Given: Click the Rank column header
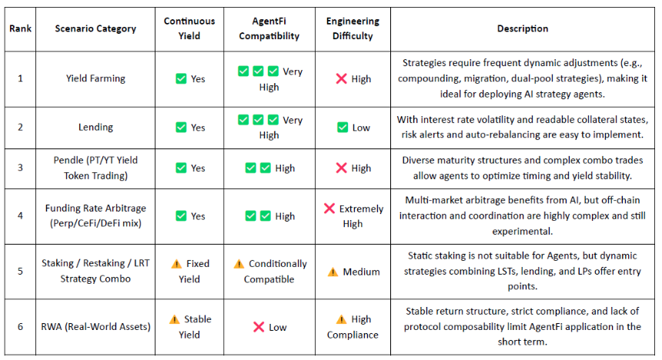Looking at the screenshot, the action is pyautogui.click(x=20, y=28).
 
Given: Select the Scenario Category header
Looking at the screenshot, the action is pyautogui.click(x=95, y=28).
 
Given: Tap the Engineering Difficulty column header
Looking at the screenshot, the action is pyautogui.click(x=353, y=28).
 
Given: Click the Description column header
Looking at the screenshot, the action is pyautogui.click(x=522, y=28).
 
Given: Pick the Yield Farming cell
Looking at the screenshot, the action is pyautogui.click(x=95, y=78).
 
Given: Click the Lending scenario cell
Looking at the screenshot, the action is pyautogui.click(x=95, y=127).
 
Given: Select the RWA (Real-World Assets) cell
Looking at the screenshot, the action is pyautogui.click(x=95, y=327).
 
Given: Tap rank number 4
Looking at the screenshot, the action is pyautogui.click(x=20, y=215).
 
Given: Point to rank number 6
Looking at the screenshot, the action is pyautogui.click(x=20, y=327).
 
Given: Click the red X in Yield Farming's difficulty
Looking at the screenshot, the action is pyautogui.click(x=341, y=78).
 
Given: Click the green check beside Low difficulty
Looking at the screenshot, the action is pyautogui.click(x=343, y=127).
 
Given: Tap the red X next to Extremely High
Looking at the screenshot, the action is pyautogui.click(x=329, y=208).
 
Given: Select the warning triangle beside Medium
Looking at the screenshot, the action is pyautogui.click(x=333, y=272).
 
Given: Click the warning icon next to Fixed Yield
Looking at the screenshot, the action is pyautogui.click(x=176, y=264).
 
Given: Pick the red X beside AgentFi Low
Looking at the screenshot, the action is pyautogui.click(x=259, y=327).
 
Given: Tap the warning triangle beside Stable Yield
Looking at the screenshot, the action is pyautogui.click(x=175, y=319).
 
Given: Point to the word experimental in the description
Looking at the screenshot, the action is pyautogui.click(x=522, y=232).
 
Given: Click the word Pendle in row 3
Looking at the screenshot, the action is pyautogui.click(x=69, y=160).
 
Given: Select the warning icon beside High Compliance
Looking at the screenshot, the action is pyautogui.click(x=341, y=319).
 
